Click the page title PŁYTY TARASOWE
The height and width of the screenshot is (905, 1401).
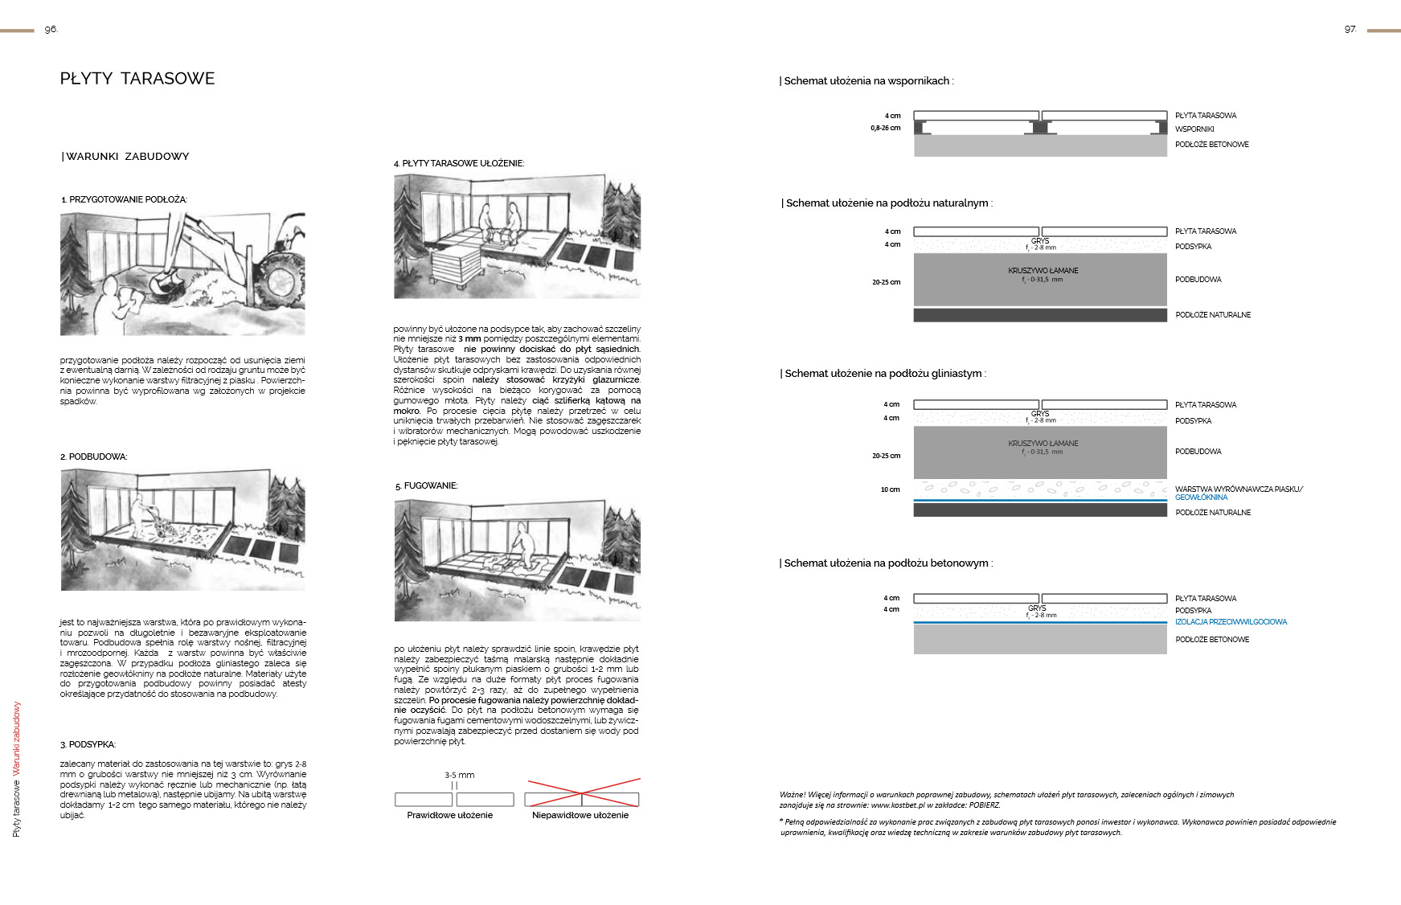[x=137, y=79]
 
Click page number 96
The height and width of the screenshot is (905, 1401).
[x=51, y=30]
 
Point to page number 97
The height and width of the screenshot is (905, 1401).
[x=1350, y=30]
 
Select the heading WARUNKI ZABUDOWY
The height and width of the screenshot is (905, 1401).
[x=126, y=157]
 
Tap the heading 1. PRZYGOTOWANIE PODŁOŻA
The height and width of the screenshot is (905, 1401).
[x=124, y=199]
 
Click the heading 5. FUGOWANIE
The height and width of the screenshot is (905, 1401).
[x=426, y=486]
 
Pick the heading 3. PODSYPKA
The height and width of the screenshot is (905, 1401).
[x=88, y=745]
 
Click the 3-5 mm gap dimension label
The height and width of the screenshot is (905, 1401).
[x=459, y=776]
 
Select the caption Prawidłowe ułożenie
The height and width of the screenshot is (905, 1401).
[x=449, y=815]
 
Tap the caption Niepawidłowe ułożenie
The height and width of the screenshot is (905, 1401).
[x=580, y=815]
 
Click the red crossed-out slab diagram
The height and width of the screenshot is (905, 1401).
[x=582, y=793]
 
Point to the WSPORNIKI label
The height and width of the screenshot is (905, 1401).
[x=1194, y=129]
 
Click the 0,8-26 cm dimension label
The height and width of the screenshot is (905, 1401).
[x=885, y=129]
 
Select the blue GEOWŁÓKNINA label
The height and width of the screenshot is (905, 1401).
[x=1201, y=498]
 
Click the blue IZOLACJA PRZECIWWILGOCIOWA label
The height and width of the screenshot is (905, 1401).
[x=1231, y=622]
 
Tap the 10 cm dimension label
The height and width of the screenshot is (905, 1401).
[x=890, y=489]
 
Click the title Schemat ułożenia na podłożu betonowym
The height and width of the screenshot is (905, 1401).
[x=886, y=563]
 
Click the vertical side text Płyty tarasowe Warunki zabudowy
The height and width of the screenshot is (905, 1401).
[x=17, y=769]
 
